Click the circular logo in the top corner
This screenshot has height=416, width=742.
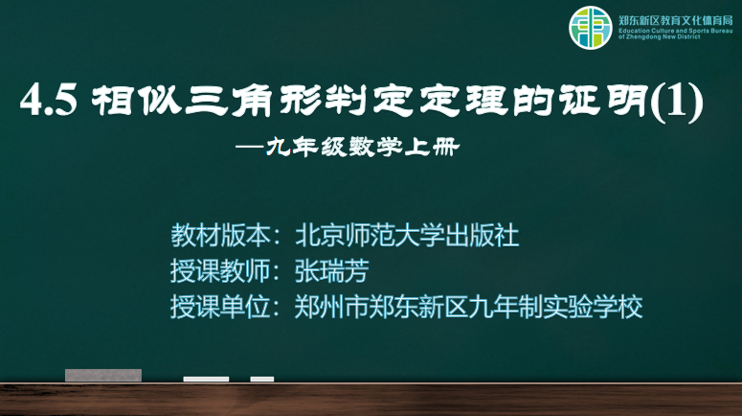pos(590,28)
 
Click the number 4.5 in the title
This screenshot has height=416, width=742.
pos(49,100)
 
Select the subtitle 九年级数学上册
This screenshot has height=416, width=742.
pos(363,147)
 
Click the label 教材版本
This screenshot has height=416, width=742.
pos(220,236)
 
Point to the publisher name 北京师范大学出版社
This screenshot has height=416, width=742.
pos(408,236)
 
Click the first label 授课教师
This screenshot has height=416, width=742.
pos(220,271)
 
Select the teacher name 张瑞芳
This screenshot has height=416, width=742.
pos(331,271)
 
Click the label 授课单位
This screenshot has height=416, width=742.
pos(220,307)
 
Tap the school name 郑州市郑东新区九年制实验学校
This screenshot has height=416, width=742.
pos(468,307)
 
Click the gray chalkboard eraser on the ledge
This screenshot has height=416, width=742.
pos(103,375)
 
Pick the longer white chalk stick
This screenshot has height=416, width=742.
pos(206,379)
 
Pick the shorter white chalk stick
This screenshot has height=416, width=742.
pos(262,379)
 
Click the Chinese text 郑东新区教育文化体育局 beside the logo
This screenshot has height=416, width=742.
pos(676,20)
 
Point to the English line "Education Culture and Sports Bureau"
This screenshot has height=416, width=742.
pos(676,31)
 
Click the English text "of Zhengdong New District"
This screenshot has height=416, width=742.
pos(660,37)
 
